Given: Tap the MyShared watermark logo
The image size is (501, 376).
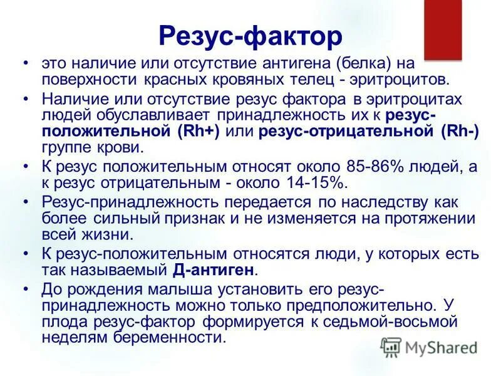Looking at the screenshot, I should pyautogui.click(x=429, y=347).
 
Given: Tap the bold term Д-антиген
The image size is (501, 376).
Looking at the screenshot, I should pyautogui.click(x=214, y=271).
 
